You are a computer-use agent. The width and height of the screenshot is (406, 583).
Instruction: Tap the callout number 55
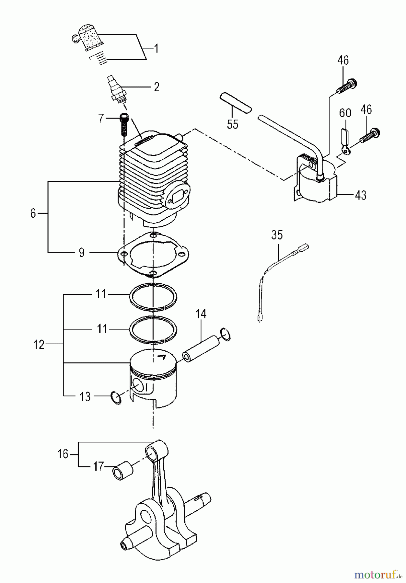click(232, 124)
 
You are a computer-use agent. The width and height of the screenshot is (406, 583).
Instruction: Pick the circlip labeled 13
click(116, 397)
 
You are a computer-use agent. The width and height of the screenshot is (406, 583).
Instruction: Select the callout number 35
click(277, 235)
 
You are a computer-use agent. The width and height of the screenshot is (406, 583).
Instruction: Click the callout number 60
click(345, 113)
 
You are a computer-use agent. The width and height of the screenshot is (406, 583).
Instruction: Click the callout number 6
click(33, 213)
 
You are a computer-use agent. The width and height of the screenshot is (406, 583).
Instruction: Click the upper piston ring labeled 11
click(153, 296)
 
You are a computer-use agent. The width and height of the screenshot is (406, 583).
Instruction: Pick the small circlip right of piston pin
click(225, 334)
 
